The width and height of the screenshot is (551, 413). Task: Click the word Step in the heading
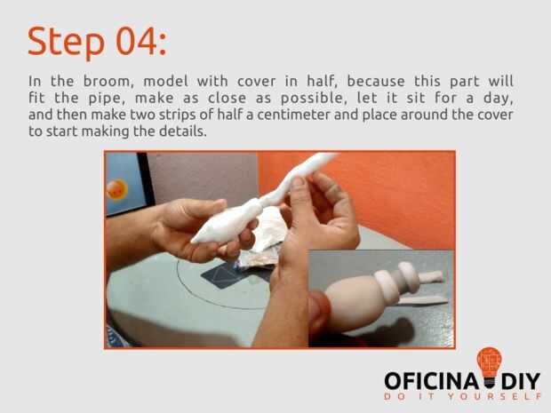tap(66, 42)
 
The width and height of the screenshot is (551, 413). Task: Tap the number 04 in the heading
tap(137, 41)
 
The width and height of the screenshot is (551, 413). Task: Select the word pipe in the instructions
tap(107, 99)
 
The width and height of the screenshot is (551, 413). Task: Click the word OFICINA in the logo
tap(431, 381)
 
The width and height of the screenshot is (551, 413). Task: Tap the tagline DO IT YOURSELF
tap(462, 396)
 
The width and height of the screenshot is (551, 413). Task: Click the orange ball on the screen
tap(116, 190)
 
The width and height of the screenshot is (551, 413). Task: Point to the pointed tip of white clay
tap(194, 240)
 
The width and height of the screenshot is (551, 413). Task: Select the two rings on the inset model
tap(398, 282)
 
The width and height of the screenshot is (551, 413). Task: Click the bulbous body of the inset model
tap(353, 302)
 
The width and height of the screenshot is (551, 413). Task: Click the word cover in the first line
tap(256, 81)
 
